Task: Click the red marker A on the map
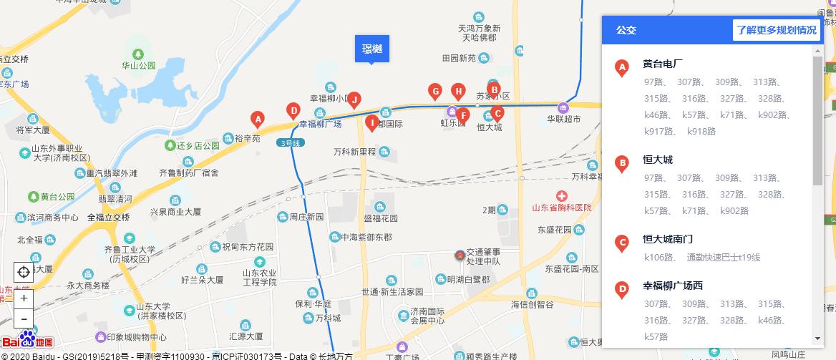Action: coord(257,119)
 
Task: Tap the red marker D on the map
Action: coord(293,110)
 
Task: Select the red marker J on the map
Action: coord(354,99)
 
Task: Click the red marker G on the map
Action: coord(434,91)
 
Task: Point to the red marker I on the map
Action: coord(371,122)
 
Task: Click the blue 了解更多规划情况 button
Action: coord(777,31)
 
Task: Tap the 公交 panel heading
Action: coord(626,31)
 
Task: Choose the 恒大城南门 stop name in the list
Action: coord(668,239)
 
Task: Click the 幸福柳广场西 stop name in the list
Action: coord(673,286)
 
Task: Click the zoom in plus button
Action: coord(24,298)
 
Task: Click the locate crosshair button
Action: coord(24,272)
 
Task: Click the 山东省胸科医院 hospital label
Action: coord(562,208)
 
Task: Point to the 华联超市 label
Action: coord(564,119)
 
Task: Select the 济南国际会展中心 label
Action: coord(428,317)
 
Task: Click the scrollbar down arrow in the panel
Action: coord(818,339)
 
